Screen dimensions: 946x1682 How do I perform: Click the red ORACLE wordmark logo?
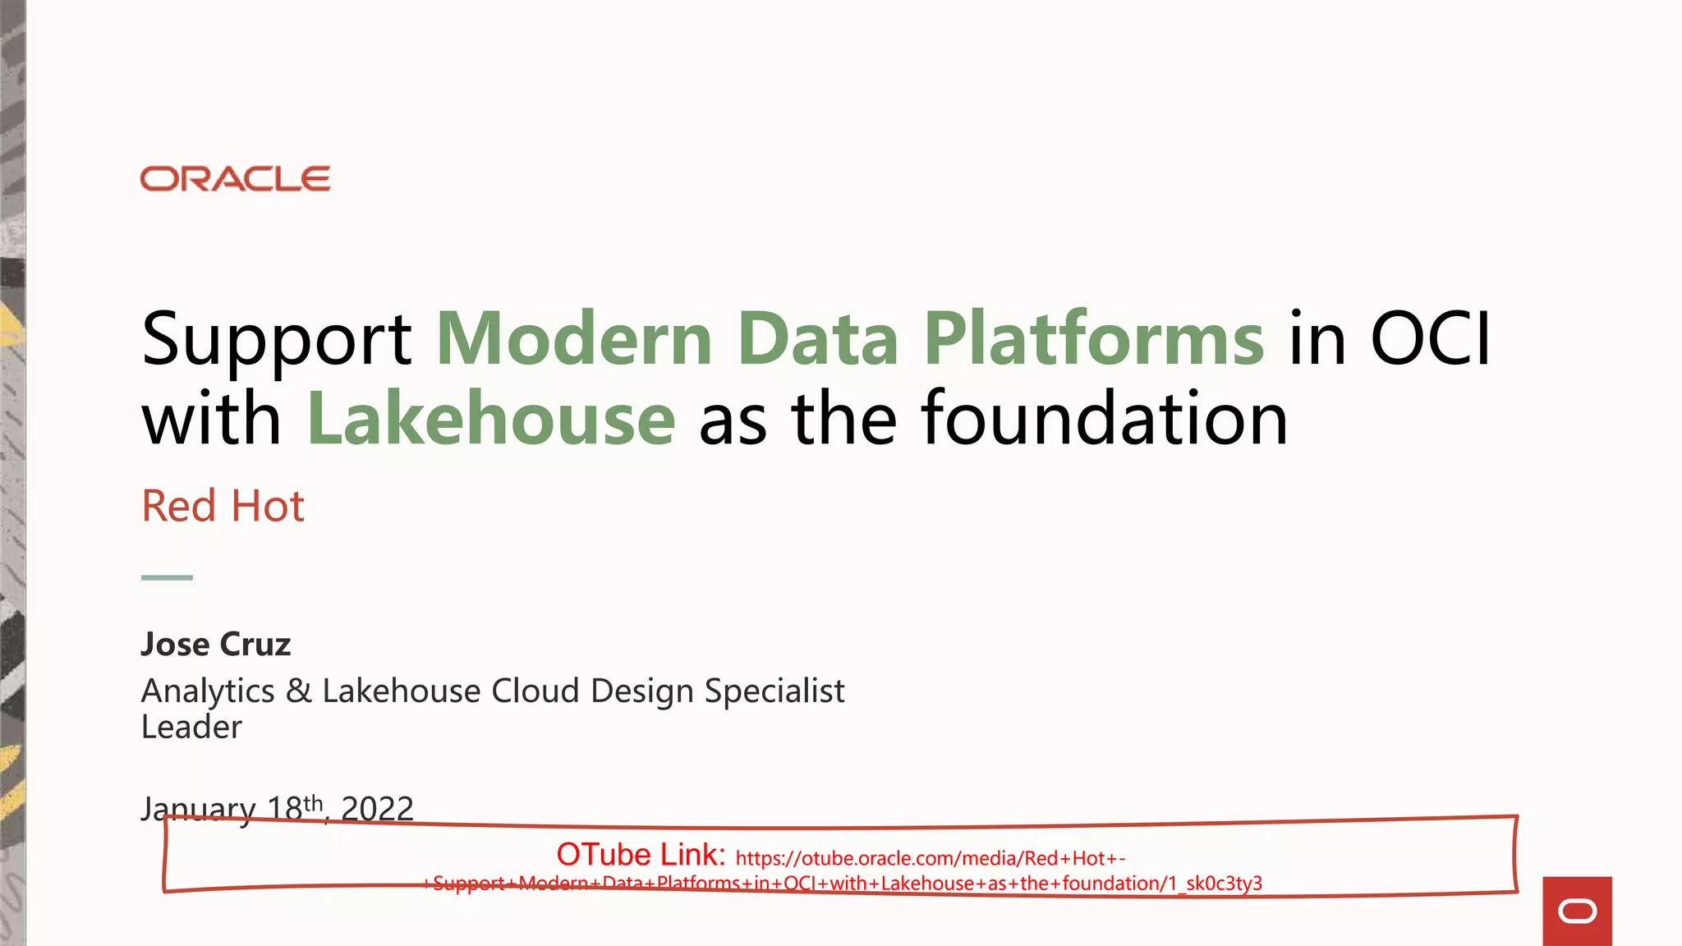235,179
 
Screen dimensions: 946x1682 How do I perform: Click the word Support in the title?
276,340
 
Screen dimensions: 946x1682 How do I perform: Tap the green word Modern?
574,338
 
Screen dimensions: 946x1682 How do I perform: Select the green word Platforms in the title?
1094,338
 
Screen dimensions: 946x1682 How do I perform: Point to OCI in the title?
1430,338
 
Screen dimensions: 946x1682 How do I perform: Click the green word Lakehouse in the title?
491,420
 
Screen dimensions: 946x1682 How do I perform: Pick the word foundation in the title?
1105,420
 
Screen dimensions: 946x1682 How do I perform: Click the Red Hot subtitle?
223,506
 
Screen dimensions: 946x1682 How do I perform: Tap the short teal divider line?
167,577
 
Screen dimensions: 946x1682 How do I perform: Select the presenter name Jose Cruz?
215,645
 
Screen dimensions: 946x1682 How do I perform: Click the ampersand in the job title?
298,691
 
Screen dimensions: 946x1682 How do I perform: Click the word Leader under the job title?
191,728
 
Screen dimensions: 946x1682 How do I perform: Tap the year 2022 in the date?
377,809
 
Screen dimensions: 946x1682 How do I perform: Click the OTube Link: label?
641,855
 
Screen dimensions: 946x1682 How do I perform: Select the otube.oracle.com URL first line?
930,859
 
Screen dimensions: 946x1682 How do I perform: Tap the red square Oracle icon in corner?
1577,911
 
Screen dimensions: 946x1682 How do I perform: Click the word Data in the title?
817,338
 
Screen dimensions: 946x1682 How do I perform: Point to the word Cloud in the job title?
535,691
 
